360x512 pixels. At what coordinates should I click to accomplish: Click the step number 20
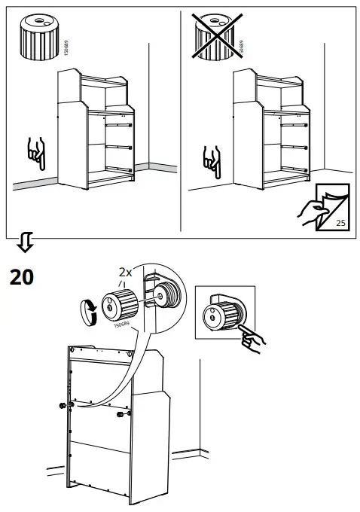click(x=21, y=278)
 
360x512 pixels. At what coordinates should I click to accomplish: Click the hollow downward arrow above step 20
click(x=24, y=242)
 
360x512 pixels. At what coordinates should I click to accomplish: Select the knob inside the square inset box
click(x=224, y=315)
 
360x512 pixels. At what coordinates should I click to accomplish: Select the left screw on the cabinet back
click(x=62, y=407)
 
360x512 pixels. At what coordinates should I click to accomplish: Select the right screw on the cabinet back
click(x=121, y=413)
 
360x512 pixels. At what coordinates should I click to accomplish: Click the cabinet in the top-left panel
click(x=98, y=136)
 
